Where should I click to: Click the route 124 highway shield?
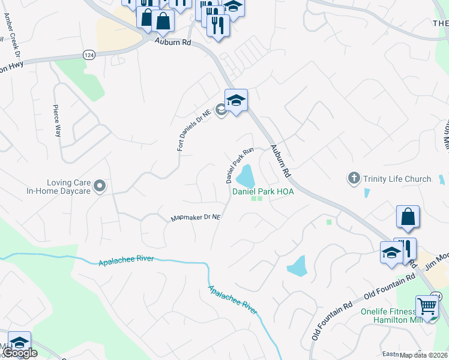[x=89, y=55]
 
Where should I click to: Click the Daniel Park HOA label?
[x=263, y=191]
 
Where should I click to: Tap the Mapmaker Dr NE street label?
[x=196, y=218]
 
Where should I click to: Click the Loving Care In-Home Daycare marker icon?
[x=100, y=185]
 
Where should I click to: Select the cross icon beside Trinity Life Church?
[x=354, y=178]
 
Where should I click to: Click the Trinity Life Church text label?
[x=397, y=179]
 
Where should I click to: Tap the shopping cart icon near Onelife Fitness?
[x=426, y=306]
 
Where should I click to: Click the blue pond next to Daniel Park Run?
[x=246, y=177]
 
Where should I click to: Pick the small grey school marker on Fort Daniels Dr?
[x=221, y=110]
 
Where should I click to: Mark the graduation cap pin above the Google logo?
[x=19, y=343]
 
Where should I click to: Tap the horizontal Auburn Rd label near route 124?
[x=172, y=43]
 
